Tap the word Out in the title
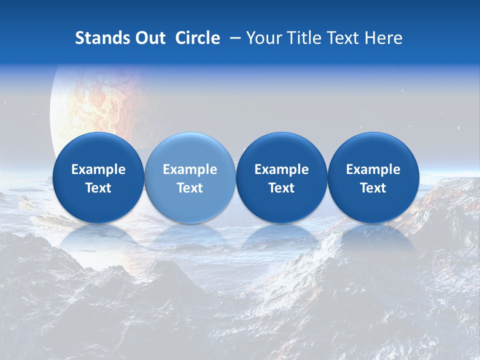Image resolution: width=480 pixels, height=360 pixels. (x=149, y=38)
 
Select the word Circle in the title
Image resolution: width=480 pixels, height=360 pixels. (x=197, y=38)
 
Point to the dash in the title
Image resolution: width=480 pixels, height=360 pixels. (x=234, y=38)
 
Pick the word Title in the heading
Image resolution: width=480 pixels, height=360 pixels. (x=301, y=38)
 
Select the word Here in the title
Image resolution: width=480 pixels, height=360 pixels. (x=384, y=38)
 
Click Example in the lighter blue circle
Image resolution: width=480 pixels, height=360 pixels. (x=190, y=169)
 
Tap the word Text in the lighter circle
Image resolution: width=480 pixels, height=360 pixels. (x=190, y=188)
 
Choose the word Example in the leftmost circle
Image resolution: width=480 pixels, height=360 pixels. (x=98, y=169)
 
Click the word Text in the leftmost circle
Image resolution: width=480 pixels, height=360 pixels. (x=98, y=188)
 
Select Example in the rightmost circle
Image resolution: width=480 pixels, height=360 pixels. (x=373, y=169)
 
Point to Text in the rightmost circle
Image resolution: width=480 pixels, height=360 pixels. (x=373, y=188)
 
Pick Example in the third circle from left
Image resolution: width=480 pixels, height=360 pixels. (x=281, y=169)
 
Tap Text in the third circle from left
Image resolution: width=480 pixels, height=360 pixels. (x=281, y=188)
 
